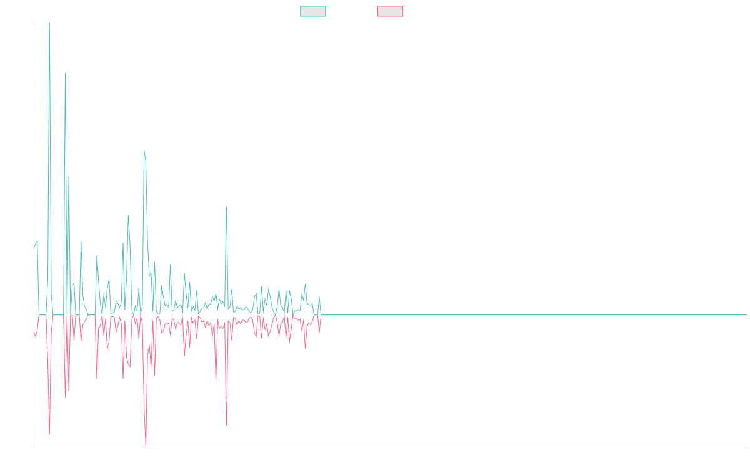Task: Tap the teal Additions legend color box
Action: pos(313,11)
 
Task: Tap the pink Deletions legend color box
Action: pos(391,11)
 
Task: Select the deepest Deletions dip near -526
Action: pos(146,446)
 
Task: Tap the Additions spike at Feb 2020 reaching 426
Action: pos(226,207)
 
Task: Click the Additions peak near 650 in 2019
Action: pos(144,151)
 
